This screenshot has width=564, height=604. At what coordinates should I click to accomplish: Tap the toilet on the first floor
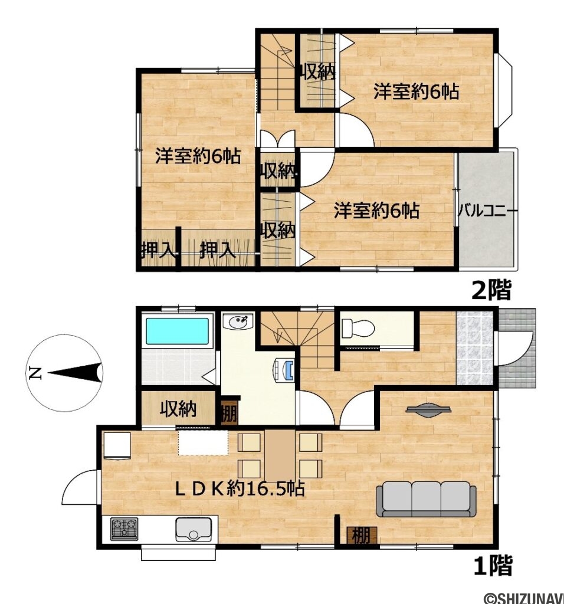tap(358, 328)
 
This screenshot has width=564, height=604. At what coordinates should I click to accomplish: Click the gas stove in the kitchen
tap(124, 528)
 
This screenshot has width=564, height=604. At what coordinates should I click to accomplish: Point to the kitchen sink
tap(194, 529)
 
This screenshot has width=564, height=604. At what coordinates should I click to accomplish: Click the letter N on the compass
tap(35, 373)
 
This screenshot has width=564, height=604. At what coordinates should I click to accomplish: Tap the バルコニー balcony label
tap(488, 211)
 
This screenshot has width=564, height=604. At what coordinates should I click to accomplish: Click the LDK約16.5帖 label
tap(240, 489)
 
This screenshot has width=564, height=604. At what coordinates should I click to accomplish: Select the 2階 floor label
tap(491, 290)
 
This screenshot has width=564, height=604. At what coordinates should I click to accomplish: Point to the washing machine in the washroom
tap(284, 370)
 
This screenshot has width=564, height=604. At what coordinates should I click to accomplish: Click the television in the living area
tap(428, 410)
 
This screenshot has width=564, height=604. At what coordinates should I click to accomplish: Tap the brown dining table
tap(280, 455)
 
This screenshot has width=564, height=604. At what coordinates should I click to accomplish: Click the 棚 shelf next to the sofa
tap(362, 536)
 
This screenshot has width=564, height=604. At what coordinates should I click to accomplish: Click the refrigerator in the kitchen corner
tap(117, 446)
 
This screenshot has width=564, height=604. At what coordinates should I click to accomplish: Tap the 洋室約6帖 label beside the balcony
tap(376, 211)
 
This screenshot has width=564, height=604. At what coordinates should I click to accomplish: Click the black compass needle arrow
tap(74, 373)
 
